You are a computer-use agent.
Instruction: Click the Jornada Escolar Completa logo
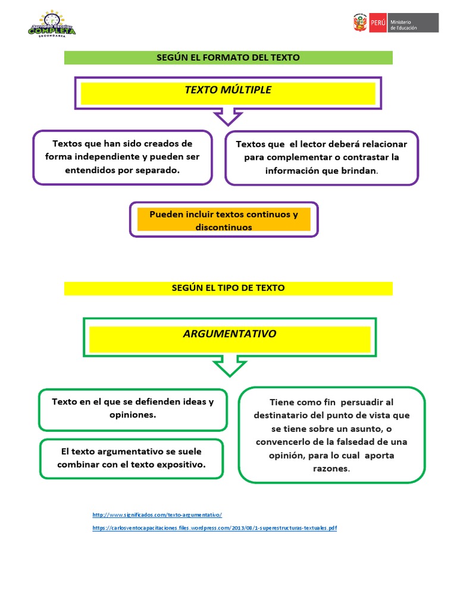coord(52,24)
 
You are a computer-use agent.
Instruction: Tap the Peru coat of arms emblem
coord(360,23)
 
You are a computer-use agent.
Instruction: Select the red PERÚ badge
coord(378,23)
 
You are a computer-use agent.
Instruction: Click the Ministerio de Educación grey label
coord(413,23)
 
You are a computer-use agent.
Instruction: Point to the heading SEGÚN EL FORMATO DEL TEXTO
coord(228,58)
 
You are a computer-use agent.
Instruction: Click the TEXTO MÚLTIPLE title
coord(228,90)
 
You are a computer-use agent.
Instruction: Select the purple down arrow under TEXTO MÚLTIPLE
coord(228,117)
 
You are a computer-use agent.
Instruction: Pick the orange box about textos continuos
coord(224,219)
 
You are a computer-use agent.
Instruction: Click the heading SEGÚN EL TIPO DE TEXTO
coord(228,288)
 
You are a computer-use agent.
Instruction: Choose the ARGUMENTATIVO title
coord(230,334)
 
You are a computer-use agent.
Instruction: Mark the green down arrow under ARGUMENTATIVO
coord(230,366)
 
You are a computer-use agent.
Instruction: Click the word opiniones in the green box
coord(133,415)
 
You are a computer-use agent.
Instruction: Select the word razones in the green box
coord(331,469)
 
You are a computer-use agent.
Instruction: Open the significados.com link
coord(157,515)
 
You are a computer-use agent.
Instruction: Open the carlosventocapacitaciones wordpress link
coord(214,528)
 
